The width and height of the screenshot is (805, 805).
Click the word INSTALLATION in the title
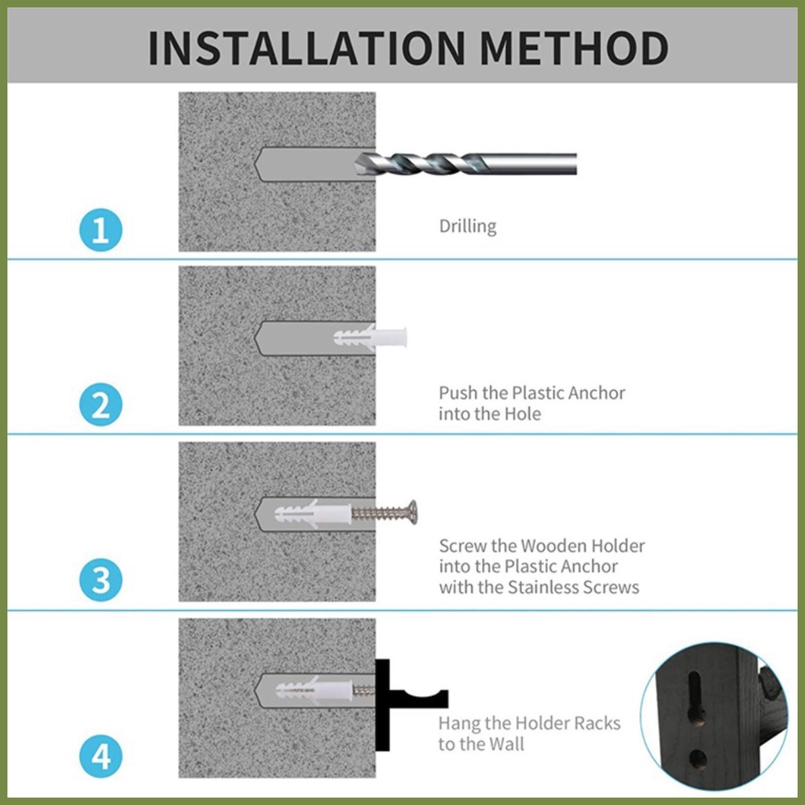(307, 48)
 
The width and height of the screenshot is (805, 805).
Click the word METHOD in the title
(574, 48)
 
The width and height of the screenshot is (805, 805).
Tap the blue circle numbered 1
(101, 230)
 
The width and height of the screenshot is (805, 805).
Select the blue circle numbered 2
(101, 405)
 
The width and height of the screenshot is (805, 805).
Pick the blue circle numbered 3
(101, 579)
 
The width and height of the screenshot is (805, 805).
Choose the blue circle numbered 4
(101, 756)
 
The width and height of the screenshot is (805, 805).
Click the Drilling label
(468, 226)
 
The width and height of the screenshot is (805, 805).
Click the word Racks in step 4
(597, 723)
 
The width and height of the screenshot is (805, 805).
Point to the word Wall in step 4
(506, 744)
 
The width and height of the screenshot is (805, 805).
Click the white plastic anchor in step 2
(370, 338)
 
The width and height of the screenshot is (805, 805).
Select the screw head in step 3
(412, 513)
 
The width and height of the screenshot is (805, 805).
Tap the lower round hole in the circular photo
(697, 759)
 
